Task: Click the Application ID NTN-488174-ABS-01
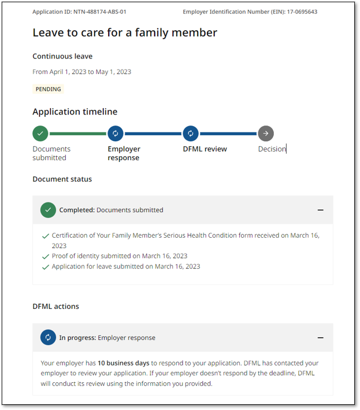tap(79, 12)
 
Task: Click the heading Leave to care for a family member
tap(125, 32)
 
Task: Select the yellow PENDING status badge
tap(49, 89)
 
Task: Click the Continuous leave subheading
tap(62, 56)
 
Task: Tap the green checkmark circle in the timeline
tap(40, 134)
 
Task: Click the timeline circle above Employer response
tap(116, 134)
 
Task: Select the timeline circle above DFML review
tap(191, 134)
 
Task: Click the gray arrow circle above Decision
tap(266, 134)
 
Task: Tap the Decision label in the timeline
tap(272, 149)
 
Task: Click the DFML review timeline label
tap(205, 149)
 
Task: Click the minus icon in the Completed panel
tap(321, 210)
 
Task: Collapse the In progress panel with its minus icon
tap(321, 338)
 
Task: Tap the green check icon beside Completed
tap(48, 210)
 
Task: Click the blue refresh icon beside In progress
tap(48, 338)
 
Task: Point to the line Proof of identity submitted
tap(120, 256)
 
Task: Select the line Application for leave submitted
tap(126, 267)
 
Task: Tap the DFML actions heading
tap(55, 306)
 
